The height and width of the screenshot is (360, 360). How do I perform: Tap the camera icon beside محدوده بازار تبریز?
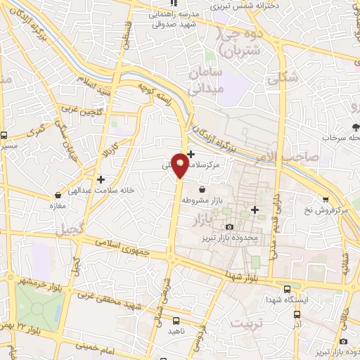(x=230, y=226)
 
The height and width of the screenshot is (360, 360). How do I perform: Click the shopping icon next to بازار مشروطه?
(x=202, y=189)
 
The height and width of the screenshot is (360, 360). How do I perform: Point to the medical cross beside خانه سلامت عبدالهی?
(x=101, y=179)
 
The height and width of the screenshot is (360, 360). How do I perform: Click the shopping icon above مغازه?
(x=56, y=195)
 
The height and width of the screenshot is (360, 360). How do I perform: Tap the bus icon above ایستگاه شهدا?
(x=287, y=287)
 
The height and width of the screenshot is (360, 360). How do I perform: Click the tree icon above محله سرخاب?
(x=355, y=127)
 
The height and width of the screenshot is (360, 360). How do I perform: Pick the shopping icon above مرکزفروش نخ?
(x=324, y=200)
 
